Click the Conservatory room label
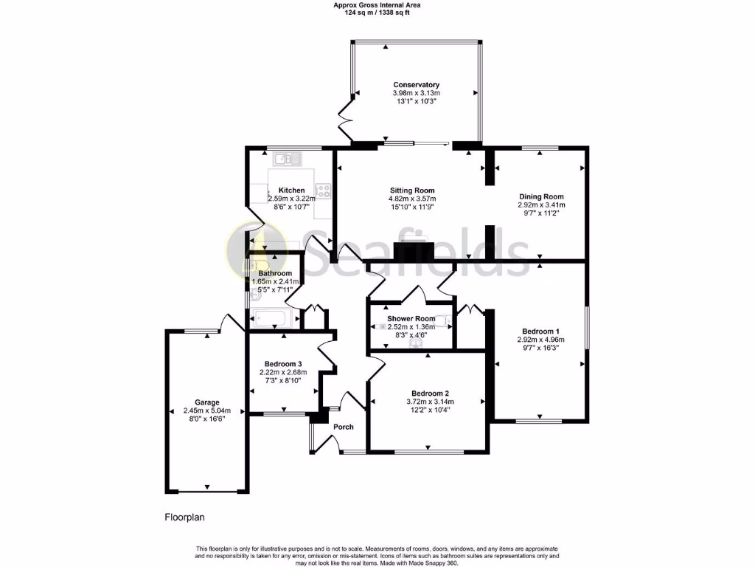416,85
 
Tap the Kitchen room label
291,190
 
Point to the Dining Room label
542,197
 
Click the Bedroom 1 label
541,331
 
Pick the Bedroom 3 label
284,364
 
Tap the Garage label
207,402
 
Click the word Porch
344,427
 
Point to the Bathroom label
274,273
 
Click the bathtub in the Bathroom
274,319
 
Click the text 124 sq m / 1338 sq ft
377,13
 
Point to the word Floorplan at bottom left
184,518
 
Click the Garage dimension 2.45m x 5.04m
207,410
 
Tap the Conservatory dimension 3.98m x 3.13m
416,93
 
